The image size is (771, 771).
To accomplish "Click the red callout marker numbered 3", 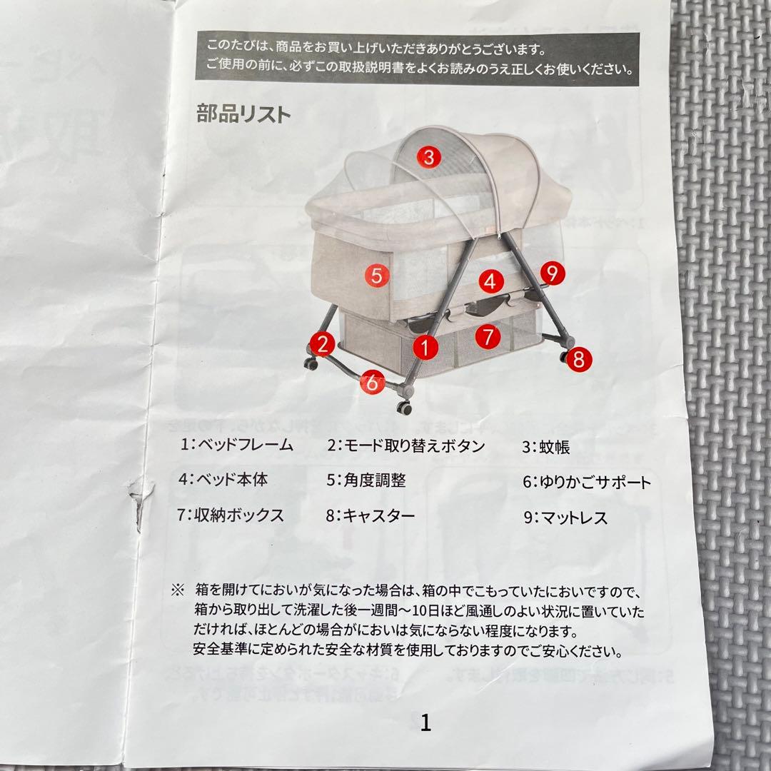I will (x=427, y=157).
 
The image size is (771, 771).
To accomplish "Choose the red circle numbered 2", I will (x=323, y=345).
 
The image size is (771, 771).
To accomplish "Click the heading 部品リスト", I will (x=243, y=114).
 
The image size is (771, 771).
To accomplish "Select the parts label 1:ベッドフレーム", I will (x=236, y=445).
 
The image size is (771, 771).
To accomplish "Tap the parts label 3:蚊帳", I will (x=546, y=448).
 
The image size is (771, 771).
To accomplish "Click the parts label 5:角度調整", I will (x=366, y=480).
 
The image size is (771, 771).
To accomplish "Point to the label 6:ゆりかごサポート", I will (x=587, y=483).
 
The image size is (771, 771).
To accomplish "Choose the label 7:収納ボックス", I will (x=231, y=515).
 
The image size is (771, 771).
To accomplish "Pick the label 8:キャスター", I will (x=370, y=515).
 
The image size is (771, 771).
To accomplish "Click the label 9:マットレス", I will (x=565, y=518).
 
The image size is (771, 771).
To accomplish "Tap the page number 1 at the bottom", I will (x=426, y=723).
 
